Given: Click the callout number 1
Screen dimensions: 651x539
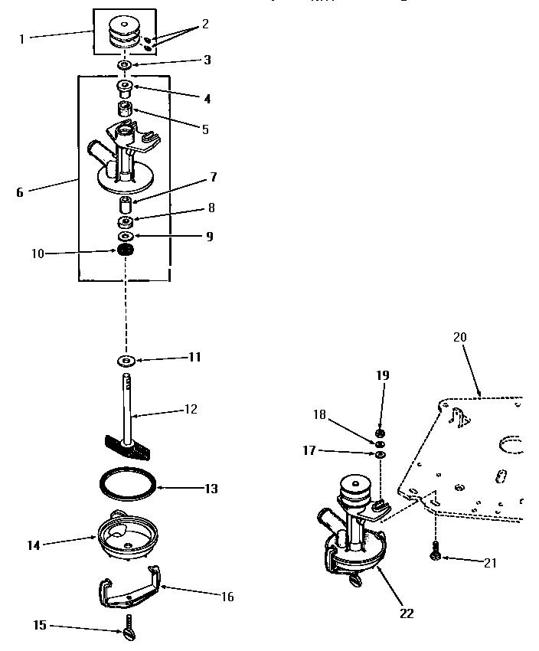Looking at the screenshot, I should [x=22, y=38].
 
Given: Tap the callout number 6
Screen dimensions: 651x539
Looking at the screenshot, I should [x=20, y=192].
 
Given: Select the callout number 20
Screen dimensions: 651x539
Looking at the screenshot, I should [x=459, y=337].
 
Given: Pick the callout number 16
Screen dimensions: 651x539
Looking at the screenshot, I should [x=227, y=597].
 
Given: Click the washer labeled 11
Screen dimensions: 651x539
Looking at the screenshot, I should [x=126, y=359].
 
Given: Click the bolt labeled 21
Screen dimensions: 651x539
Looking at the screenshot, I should [x=436, y=550].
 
